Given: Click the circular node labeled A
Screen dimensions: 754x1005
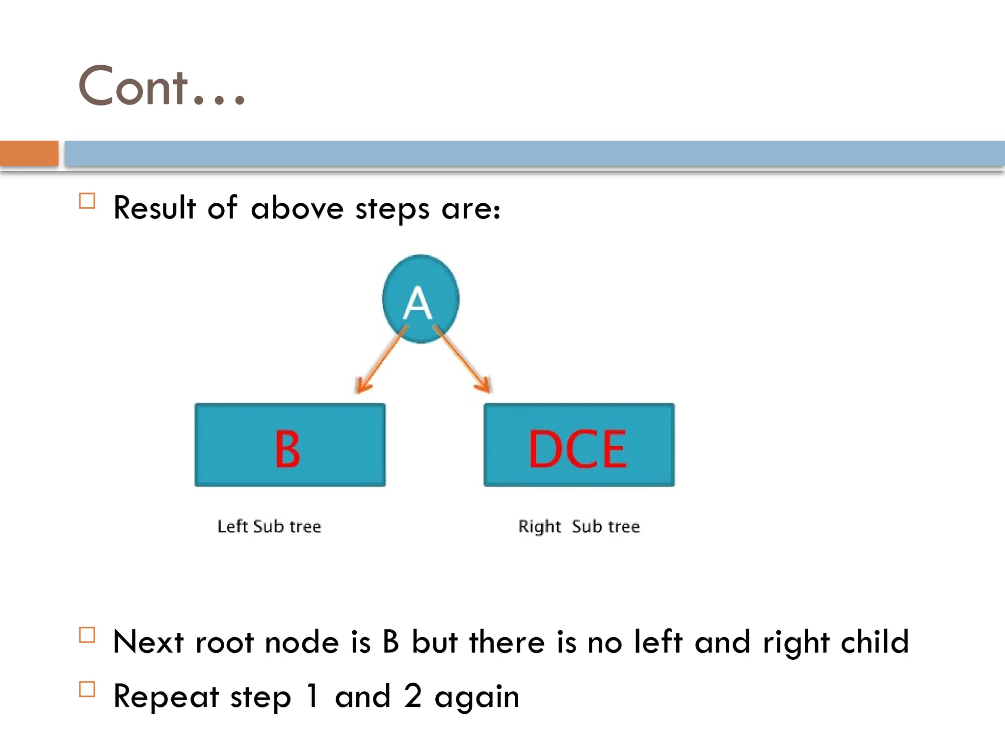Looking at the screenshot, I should (x=421, y=298).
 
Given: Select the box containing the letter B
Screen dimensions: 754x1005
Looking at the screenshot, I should (x=290, y=445).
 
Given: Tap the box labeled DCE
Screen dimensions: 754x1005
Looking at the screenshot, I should (x=579, y=445).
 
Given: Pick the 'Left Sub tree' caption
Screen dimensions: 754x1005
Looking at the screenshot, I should (x=269, y=526).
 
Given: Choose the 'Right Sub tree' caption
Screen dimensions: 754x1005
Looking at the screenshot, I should (x=579, y=526).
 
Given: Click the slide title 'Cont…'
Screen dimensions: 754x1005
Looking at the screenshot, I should (x=162, y=87).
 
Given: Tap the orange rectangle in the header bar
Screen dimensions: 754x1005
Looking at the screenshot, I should (x=29, y=153).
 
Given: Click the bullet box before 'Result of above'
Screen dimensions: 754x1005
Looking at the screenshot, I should (x=87, y=201).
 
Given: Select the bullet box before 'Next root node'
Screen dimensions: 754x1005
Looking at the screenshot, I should (x=87, y=635).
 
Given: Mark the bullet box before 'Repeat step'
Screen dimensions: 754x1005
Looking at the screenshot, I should (x=87, y=689).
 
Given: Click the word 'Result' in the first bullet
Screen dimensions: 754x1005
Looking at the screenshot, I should (x=155, y=208).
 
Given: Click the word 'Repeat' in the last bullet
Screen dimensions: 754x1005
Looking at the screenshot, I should (x=166, y=697).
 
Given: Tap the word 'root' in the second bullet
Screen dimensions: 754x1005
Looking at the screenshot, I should (x=224, y=643).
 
